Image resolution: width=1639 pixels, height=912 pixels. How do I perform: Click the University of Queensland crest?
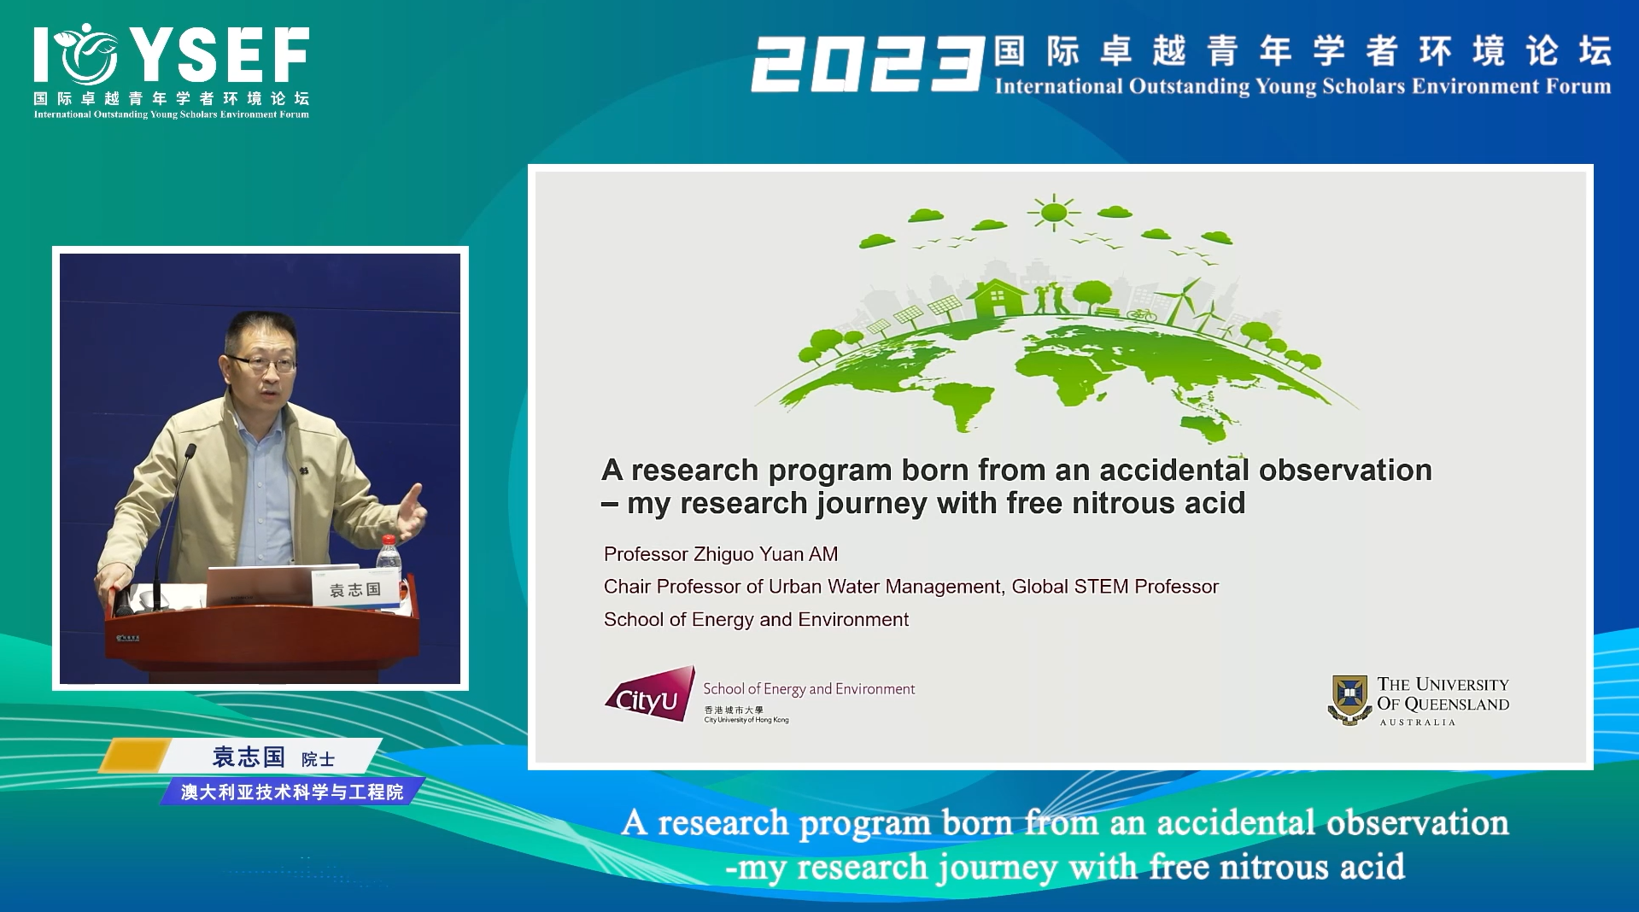(1350, 699)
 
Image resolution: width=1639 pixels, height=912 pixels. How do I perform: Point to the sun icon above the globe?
(1054, 211)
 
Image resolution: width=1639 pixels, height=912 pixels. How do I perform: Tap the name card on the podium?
(356, 589)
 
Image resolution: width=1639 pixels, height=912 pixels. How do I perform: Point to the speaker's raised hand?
(413, 512)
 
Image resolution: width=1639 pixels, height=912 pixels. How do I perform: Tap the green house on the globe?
(998, 299)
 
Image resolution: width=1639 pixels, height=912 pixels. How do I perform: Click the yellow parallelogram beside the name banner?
(135, 756)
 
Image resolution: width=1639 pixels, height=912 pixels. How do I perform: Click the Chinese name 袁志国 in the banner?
(249, 757)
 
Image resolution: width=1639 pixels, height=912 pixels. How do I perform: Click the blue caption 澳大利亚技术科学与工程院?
(292, 792)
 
